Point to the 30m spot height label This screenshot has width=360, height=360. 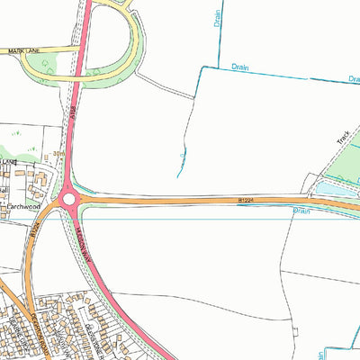coord(59,155)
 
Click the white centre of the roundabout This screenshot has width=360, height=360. coord(67,198)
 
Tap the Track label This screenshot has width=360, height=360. coord(342,139)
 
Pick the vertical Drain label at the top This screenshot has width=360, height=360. coord(218,18)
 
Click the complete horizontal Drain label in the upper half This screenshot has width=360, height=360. coord(239,66)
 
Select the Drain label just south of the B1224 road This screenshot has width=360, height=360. coord(301,212)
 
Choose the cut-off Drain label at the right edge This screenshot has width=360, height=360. coord(354,80)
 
